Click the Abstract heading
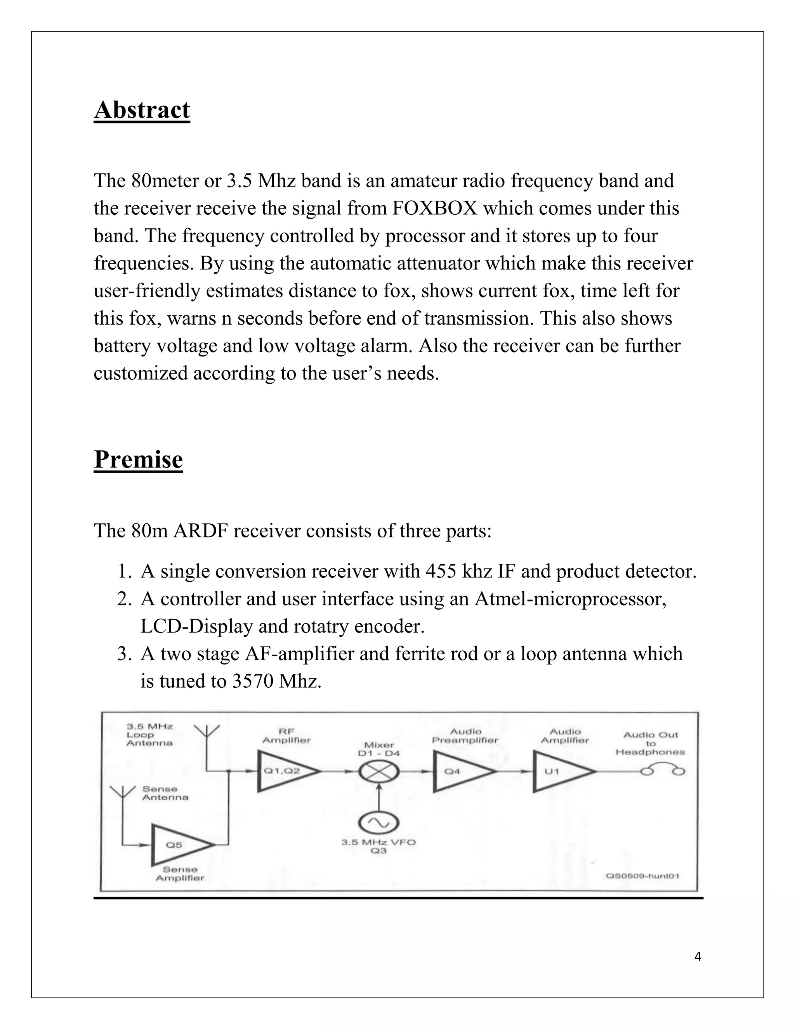142,110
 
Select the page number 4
698,957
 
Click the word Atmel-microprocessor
570,599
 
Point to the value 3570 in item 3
252,681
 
